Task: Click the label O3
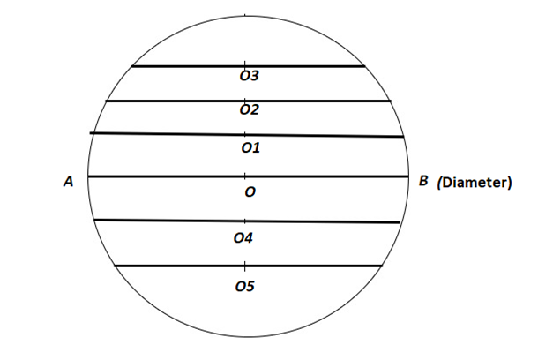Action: [250, 77]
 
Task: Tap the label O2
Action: [250, 110]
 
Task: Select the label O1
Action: [250, 148]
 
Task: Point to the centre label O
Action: [250, 191]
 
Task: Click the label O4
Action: [244, 238]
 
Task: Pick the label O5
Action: [244, 286]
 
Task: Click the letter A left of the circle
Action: [67, 182]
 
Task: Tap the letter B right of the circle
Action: [423, 181]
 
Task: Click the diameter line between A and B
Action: [176, 176]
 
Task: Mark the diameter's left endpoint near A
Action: [88, 176]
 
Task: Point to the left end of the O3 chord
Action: [132, 66]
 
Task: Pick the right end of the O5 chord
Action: [381, 266]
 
